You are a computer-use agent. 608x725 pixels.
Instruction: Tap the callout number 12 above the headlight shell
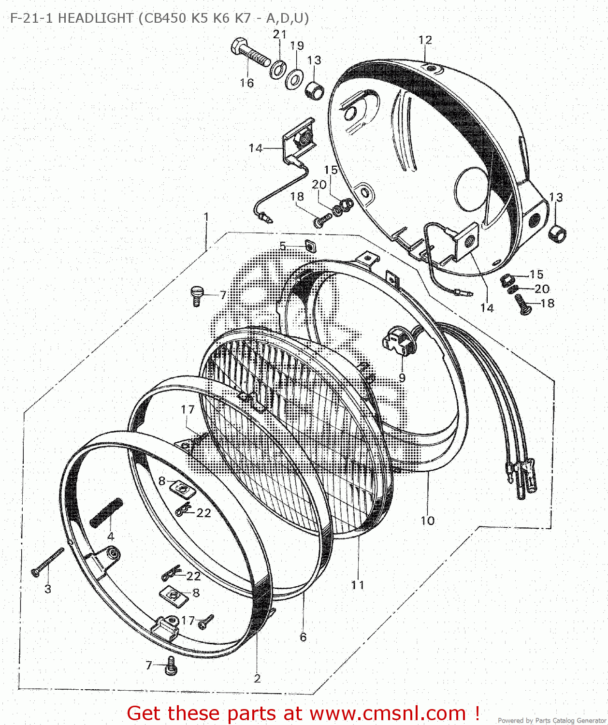(x=425, y=40)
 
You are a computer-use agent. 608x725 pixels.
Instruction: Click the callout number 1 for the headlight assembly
(x=206, y=217)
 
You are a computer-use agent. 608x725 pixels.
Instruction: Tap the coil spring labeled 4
(x=106, y=512)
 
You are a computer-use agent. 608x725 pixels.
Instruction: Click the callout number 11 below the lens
(x=358, y=585)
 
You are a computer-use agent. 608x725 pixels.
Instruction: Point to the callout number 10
(x=428, y=521)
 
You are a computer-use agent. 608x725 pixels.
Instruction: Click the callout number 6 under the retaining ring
(x=303, y=637)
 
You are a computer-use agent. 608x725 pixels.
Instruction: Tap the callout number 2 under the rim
(x=257, y=679)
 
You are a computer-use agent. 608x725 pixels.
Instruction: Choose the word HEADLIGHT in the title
(x=96, y=18)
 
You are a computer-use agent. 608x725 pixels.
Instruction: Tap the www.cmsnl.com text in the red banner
(x=388, y=713)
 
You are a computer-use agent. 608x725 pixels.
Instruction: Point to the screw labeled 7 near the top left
(x=197, y=295)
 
